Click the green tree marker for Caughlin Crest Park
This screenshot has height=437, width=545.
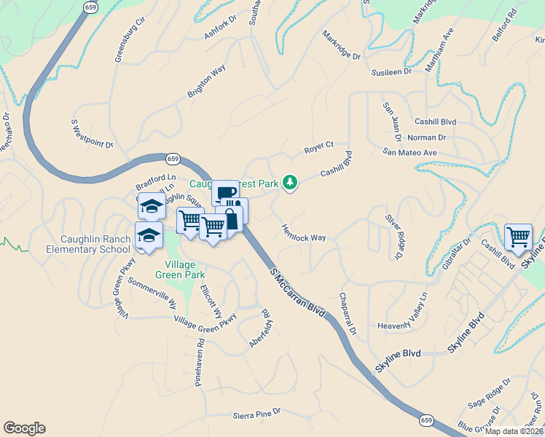point(291,182)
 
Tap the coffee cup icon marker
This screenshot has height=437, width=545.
point(226,194)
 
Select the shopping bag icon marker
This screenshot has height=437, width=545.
point(230,219)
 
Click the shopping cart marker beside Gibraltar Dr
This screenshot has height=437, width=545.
point(518,237)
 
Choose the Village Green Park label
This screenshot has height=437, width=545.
point(179,269)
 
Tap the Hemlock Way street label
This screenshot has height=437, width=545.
point(303,232)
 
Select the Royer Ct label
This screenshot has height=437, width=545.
point(318,149)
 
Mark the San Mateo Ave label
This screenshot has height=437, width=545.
point(409,152)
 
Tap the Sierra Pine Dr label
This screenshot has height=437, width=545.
point(256,415)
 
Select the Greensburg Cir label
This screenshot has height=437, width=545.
point(130,35)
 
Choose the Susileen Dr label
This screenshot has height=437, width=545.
point(391,72)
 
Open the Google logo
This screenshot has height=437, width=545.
point(24,428)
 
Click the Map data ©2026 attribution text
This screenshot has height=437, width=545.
point(512,430)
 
